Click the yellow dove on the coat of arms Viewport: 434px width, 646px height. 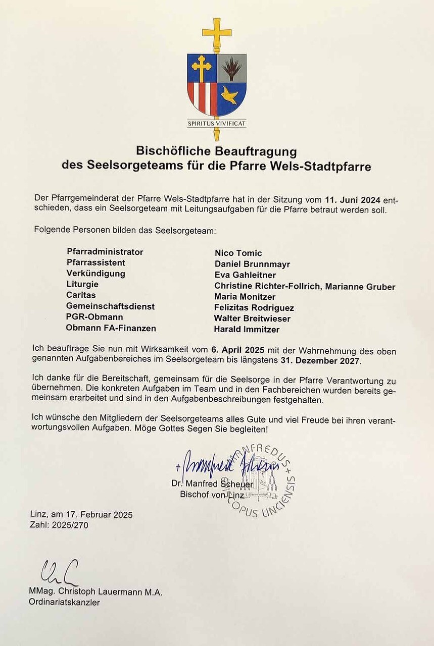[230, 94]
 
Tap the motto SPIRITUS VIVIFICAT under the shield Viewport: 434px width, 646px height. [217, 123]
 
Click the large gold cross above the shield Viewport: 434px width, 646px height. [217, 33]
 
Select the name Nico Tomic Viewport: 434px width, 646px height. [238, 253]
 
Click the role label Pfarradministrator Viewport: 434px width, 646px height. [105, 252]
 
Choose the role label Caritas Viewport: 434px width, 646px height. [81, 295]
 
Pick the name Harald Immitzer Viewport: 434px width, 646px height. [247, 330]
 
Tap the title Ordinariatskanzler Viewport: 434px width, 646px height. [64, 602]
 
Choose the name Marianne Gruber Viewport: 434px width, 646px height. [360, 287]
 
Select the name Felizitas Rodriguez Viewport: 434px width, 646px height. [254, 308]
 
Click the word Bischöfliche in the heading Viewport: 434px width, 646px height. [171, 151]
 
